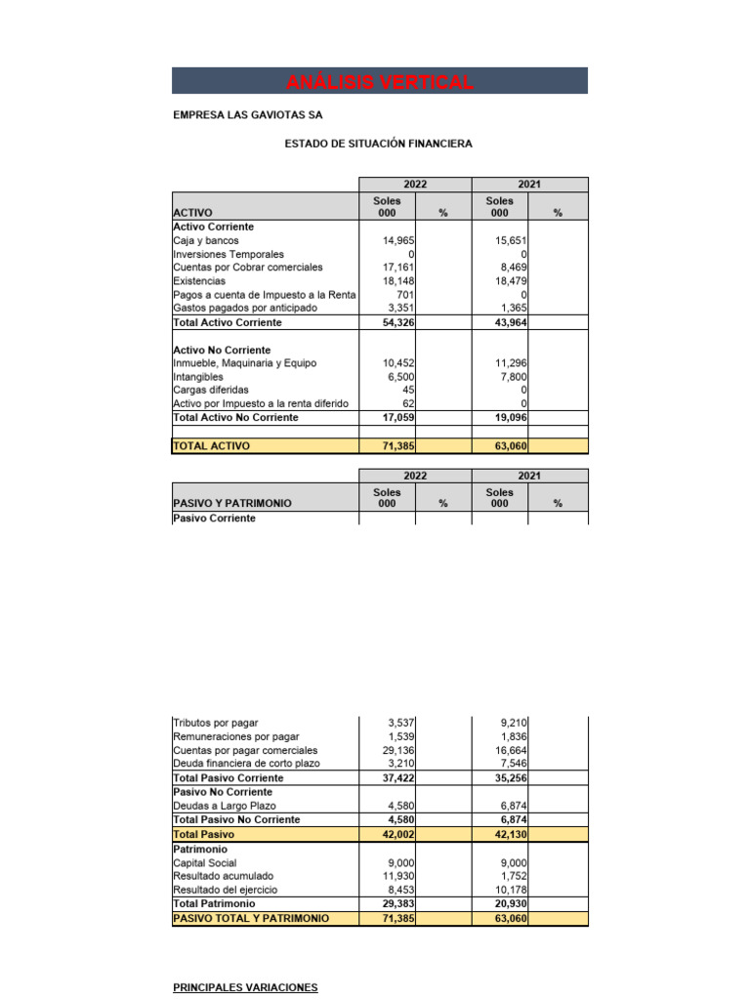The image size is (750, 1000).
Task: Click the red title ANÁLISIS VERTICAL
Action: point(380,82)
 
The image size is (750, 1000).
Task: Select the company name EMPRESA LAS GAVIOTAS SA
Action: point(247,115)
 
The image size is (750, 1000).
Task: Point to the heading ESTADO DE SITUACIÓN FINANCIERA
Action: point(378,144)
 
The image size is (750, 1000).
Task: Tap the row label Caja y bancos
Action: point(205,240)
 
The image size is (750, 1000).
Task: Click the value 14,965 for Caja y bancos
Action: point(396,240)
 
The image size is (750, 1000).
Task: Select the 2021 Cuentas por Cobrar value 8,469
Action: point(512,268)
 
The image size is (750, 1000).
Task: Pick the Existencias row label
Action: point(199,281)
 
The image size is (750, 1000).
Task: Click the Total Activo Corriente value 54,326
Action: point(396,322)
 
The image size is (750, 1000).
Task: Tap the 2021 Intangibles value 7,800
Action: point(512,377)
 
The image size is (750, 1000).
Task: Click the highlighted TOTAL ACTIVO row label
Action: point(211,446)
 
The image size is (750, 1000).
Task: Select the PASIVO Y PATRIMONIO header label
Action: point(231,504)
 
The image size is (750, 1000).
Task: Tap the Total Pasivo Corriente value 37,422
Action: point(396,778)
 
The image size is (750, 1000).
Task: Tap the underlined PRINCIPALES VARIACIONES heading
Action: point(245,988)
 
